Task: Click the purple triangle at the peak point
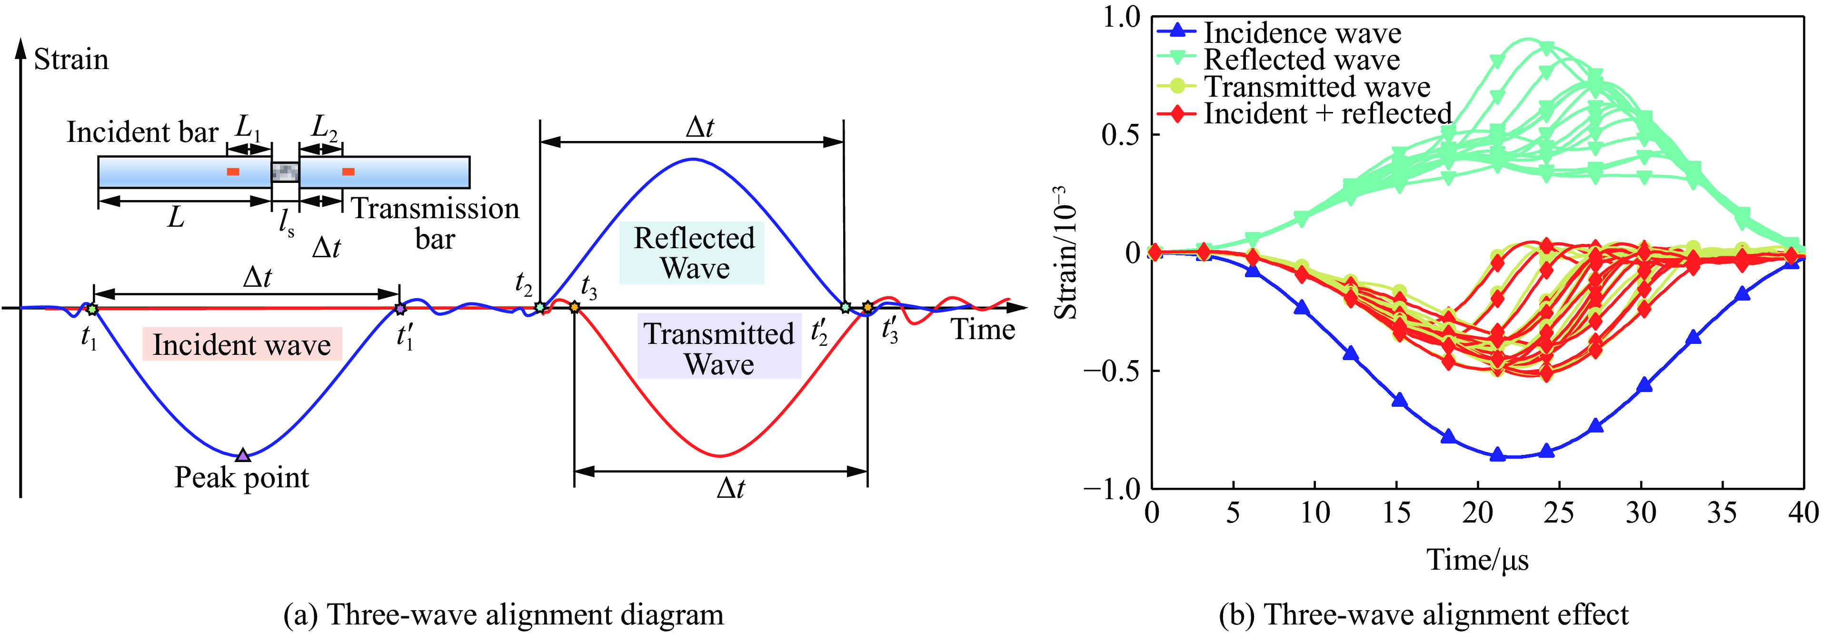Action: click(x=243, y=455)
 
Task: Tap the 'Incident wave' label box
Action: click(x=242, y=344)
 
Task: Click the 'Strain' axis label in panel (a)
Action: click(x=71, y=60)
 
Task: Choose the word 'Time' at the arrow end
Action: click(x=983, y=330)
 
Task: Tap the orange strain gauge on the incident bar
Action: click(x=233, y=171)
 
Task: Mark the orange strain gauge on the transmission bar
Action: click(x=348, y=171)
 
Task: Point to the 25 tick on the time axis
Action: click(x=1559, y=512)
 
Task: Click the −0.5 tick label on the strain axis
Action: click(x=1111, y=371)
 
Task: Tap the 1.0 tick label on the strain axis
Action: click(x=1122, y=17)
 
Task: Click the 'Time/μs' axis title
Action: click(x=1477, y=560)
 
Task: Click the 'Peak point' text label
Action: click(x=242, y=478)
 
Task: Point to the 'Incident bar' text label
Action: click(x=142, y=132)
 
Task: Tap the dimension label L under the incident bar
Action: click(x=175, y=217)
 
